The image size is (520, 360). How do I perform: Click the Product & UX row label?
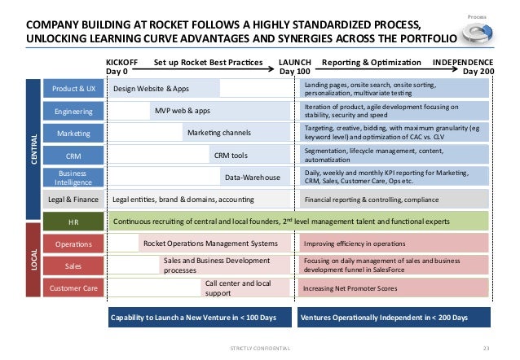[73, 89]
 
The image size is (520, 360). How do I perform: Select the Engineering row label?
[73, 111]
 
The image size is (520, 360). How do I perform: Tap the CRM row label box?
[73, 155]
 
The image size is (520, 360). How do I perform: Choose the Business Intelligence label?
[73, 177]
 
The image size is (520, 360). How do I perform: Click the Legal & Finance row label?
[73, 199]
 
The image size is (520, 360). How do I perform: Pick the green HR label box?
[73, 221]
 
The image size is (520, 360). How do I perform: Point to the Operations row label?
[73, 243]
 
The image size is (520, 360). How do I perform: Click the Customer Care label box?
[73, 288]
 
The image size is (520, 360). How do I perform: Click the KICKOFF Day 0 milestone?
[122, 66]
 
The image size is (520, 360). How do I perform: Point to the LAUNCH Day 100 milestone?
[295, 66]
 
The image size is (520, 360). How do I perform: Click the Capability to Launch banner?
[200, 317]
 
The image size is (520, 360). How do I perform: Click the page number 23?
[487, 349]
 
